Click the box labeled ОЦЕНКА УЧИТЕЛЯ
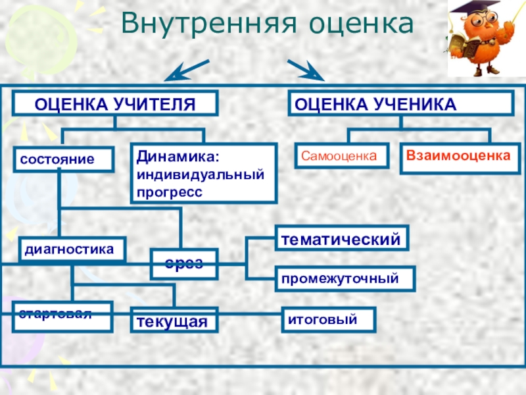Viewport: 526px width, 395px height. pyautogui.click(x=115, y=104)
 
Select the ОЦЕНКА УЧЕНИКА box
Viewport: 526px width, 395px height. pyautogui.click(x=401, y=104)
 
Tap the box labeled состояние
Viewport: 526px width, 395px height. pyautogui.click(x=64, y=159)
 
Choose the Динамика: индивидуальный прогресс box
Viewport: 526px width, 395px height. pyautogui.click(x=203, y=172)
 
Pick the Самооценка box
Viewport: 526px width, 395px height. pyautogui.click(x=340, y=156)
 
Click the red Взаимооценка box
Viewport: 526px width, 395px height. pyautogui.click(x=458, y=159)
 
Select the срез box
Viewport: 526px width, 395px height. pyautogui.click(x=183, y=263)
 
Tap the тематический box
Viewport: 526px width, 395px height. pyautogui.click(x=341, y=238)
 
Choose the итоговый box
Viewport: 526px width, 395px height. pyautogui.click(x=329, y=320)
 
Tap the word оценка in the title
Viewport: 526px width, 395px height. pyautogui.click(x=352, y=24)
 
